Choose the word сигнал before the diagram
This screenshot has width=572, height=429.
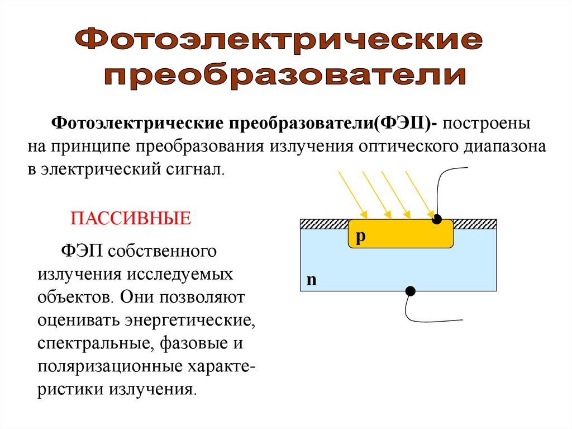point(193,169)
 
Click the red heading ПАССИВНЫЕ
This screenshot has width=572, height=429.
point(131,218)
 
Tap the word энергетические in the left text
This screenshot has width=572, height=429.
point(190,321)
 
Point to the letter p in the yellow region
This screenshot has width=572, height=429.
point(360,237)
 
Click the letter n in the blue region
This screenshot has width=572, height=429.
point(311,280)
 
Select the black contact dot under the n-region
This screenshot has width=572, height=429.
point(410,291)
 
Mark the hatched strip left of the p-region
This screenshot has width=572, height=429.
point(324,224)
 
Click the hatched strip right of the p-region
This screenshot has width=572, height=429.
point(474,224)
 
